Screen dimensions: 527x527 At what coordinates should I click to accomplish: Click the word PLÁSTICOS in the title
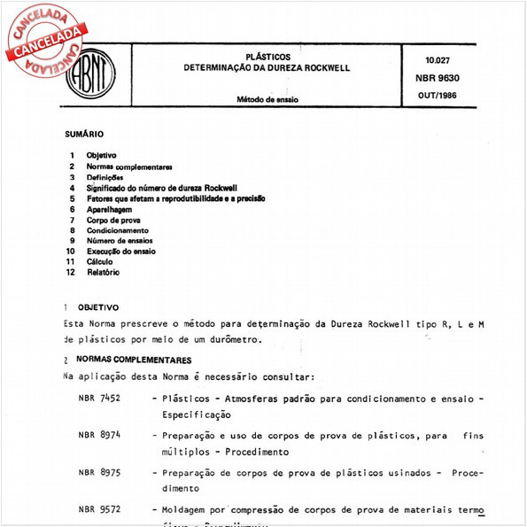point(266,55)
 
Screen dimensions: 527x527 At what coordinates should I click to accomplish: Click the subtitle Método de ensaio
point(267,99)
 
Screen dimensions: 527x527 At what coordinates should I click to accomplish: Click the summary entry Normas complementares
point(129,167)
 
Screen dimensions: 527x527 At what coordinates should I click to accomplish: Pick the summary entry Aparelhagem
point(110,209)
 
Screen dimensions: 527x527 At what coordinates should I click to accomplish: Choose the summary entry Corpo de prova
point(112,220)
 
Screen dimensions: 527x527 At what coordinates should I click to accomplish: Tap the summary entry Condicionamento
point(118,230)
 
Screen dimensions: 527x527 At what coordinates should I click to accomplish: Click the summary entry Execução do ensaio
point(121,252)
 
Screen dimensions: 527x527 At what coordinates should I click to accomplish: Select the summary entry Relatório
point(103,273)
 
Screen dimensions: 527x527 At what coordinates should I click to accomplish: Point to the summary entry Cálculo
point(99,262)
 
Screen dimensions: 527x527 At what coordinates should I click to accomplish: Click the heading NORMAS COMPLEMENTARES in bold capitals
point(134,360)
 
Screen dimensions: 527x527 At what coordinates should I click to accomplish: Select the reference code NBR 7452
point(98,398)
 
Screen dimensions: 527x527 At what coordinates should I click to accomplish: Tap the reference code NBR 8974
point(98,435)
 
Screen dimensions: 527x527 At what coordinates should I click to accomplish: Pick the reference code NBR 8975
point(98,472)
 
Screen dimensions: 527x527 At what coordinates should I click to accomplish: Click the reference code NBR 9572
point(98,510)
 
